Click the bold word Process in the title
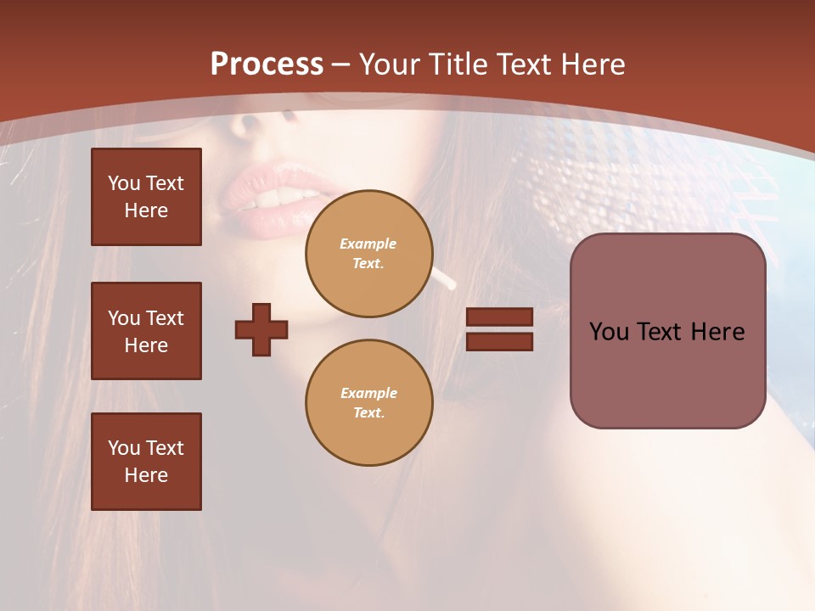pyautogui.click(x=267, y=64)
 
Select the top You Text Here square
pyautogui.click(x=146, y=197)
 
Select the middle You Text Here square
pyautogui.click(x=146, y=331)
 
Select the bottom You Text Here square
pyautogui.click(x=146, y=462)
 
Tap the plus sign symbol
pyautogui.click(x=261, y=329)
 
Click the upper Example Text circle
pyautogui.click(x=368, y=253)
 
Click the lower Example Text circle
pyautogui.click(x=368, y=402)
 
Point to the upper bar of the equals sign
pyautogui.click(x=499, y=317)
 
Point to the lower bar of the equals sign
pyautogui.click(x=499, y=341)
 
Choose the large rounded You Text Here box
pyautogui.click(x=667, y=331)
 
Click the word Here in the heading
pyautogui.click(x=592, y=64)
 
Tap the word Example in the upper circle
pyautogui.click(x=368, y=244)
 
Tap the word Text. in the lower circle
pyautogui.click(x=368, y=412)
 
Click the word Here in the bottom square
pyautogui.click(x=146, y=475)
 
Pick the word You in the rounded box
pyautogui.click(x=608, y=332)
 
